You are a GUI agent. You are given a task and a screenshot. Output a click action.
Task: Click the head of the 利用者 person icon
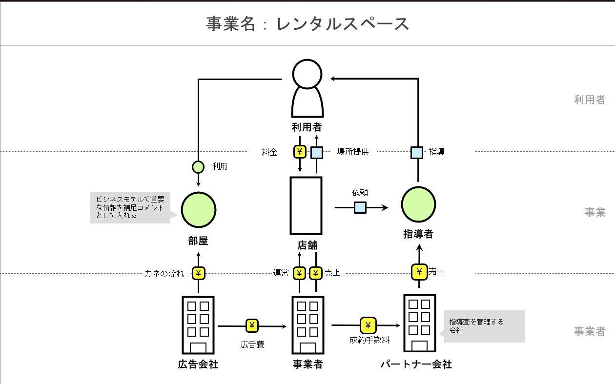click(x=307, y=74)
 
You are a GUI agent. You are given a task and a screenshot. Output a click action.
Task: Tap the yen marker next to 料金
click(x=300, y=152)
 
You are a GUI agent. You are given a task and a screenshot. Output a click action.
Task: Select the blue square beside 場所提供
click(x=317, y=153)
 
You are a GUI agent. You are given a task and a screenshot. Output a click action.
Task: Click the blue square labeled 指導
click(x=416, y=152)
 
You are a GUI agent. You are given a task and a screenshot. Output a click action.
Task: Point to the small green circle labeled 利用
click(x=198, y=167)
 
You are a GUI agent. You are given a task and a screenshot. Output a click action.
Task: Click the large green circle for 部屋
click(x=198, y=210)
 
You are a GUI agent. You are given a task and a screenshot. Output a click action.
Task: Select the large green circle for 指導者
click(x=418, y=204)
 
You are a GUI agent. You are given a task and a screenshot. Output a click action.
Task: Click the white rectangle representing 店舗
click(x=306, y=205)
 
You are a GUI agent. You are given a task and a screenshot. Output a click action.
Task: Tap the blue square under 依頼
click(x=360, y=208)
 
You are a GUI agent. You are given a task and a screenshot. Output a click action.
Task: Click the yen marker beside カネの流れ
click(x=198, y=273)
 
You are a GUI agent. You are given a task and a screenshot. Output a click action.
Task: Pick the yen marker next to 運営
click(x=299, y=273)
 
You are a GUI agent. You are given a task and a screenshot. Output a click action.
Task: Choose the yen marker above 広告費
click(x=252, y=325)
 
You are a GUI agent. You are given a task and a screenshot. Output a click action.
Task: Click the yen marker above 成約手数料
click(x=369, y=325)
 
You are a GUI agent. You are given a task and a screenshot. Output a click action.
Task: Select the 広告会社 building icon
click(x=198, y=324)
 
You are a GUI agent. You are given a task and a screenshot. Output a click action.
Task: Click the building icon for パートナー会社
click(x=419, y=323)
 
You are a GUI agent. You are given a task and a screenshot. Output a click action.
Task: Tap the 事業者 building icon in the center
click(x=307, y=324)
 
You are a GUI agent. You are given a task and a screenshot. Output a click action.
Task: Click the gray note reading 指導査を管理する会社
click(x=484, y=326)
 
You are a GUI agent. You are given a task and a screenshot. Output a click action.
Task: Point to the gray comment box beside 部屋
click(x=130, y=207)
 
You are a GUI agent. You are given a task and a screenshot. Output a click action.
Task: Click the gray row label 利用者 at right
click(x=590, y=100)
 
